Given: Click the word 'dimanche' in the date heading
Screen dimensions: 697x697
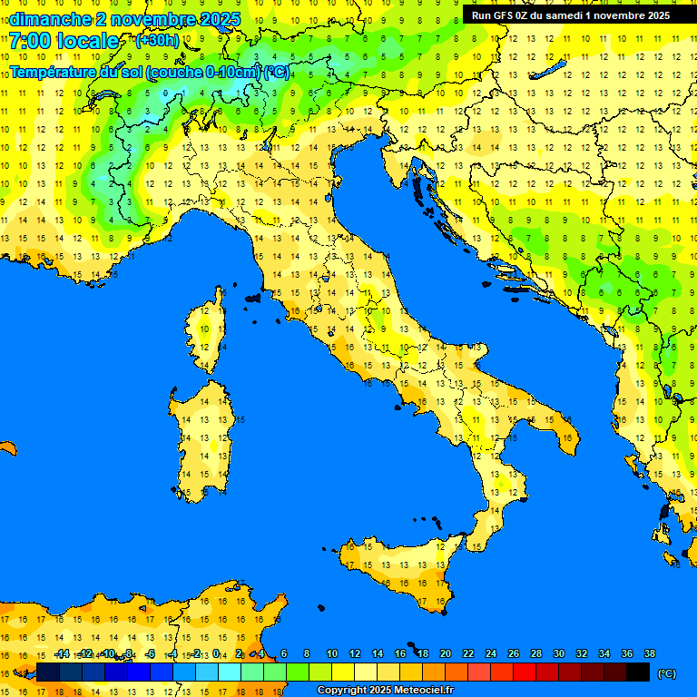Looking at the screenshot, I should click(x=50, y=19).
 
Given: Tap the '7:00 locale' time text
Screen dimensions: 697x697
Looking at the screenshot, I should click(x=64, y=41).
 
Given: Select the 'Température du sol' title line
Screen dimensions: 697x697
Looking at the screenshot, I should click(x=150, y=72).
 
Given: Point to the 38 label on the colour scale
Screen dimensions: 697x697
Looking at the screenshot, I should click(x=650, y=653).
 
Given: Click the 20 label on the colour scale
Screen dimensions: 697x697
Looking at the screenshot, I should click(x=446, y=653).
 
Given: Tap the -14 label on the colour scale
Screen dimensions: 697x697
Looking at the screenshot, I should click(x=62, y=653).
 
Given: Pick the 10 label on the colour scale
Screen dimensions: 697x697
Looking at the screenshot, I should click(x=332, y=653).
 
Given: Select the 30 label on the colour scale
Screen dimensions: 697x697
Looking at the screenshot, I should click(x=559, y=653).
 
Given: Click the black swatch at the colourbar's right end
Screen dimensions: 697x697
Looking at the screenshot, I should click(x=638, y=672).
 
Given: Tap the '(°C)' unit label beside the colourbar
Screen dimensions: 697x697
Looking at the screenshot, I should click(x=667, y=673).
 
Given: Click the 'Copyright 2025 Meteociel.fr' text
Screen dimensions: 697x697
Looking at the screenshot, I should click(x=385, y=690).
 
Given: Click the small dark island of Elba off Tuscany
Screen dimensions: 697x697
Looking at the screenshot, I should click(x=253, y=297).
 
